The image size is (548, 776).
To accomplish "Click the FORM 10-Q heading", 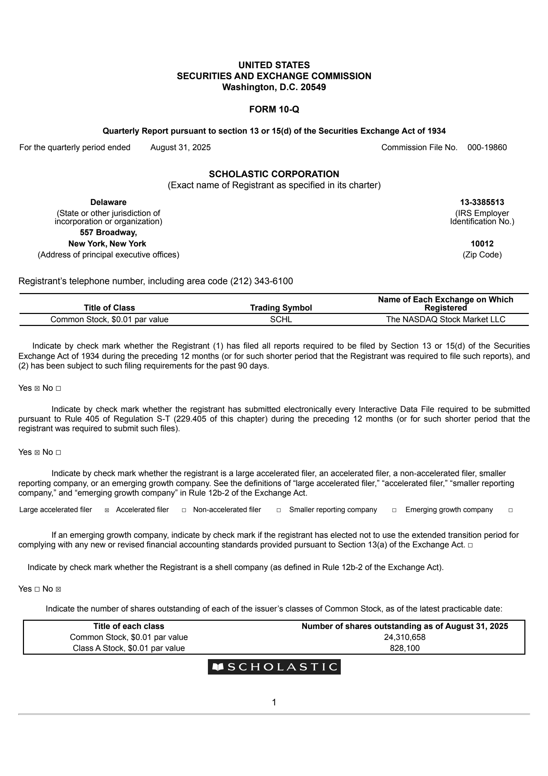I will pyautogui.click(x=274, y=109).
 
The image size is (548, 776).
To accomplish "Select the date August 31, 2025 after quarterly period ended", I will pyautogui.click(x=180, y=147).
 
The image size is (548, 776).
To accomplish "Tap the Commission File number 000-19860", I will pyautogui.click(x=487, y=147).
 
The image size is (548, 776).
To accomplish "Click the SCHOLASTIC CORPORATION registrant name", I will pyautogui.click(x=274, y=174).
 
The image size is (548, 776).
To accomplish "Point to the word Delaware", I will pyautogui.click(x=108, y=202).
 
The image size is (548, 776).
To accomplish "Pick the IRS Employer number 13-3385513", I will pyautogui.click(x=482, y=202).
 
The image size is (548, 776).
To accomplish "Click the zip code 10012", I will pyautogui.click(x=482, y=244).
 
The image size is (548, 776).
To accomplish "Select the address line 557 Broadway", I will pyautogui.click(x=108, y=232).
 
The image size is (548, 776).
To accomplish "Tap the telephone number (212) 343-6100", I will pyautogui.click(x=261, y=281).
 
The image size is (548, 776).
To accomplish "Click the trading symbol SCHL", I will pyautogui.click(x=281, y=319).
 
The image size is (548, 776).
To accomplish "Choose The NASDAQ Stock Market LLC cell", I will pyautogui.click(x=446, y=319).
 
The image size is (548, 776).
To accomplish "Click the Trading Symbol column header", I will pyautogui.click(x=281, y=308).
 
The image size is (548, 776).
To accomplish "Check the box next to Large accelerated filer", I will pyautogui.click(x=107, y=510).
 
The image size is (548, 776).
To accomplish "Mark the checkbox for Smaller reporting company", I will pyautogui.click(x=394, y=510).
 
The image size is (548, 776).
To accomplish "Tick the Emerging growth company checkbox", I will pyautogui.click(x=511, y=510).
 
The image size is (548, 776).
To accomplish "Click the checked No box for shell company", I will pyautogui.click(x=58, y=589).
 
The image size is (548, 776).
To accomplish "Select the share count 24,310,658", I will pyautogui.click(x=404, y=637).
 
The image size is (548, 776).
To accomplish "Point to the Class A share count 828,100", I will pyautogui.click(x=404, y=648).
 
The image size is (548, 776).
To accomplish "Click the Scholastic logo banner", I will pyautogui.click(x=274, y=667).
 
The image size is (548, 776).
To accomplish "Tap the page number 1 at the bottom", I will pyautogui.click(x=274, y=702).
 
